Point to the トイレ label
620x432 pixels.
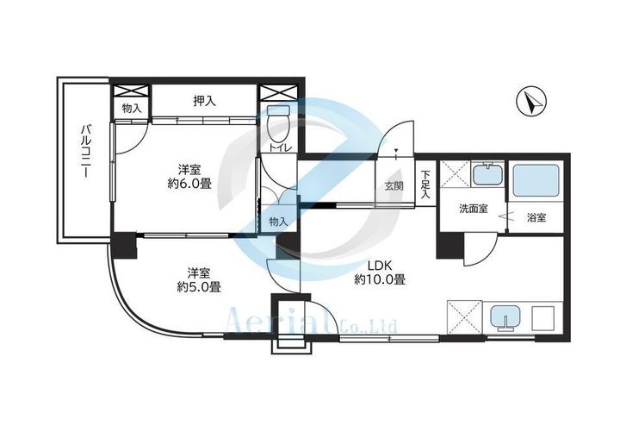point(278,149)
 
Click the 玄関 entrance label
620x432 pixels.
point(394,186)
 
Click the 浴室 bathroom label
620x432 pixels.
point(536,217)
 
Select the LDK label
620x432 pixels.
point(380,265)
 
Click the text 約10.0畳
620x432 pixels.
point(380,280)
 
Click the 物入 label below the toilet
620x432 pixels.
point(277,222)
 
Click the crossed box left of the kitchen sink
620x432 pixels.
point(462,317)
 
